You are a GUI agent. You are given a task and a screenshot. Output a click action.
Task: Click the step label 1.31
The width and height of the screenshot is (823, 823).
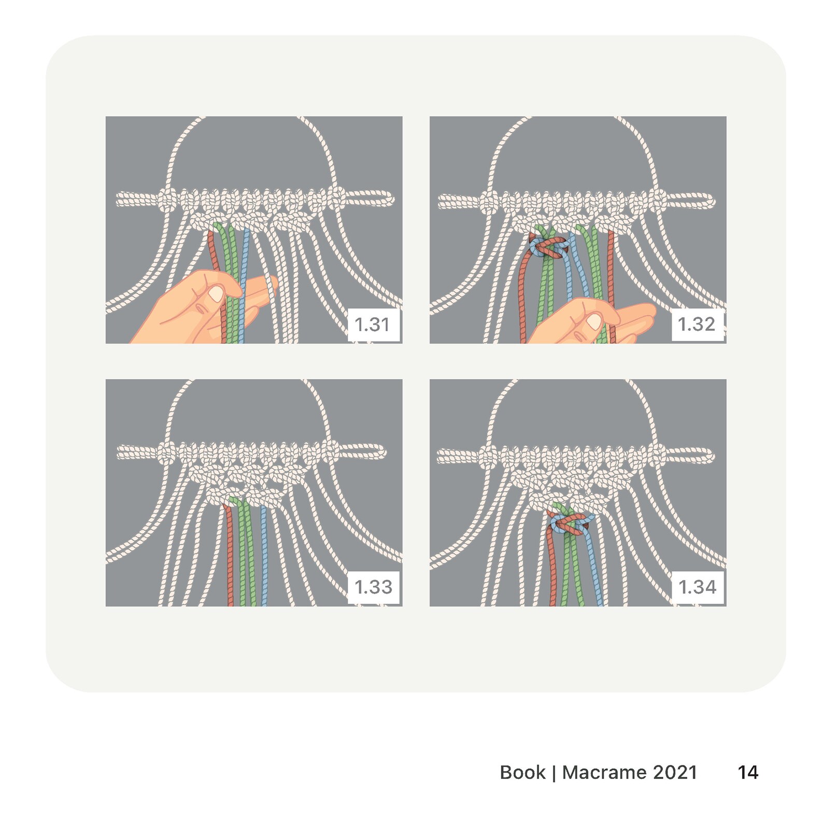coord(372,324)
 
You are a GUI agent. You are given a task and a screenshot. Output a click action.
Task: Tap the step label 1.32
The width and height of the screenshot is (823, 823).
coord(696,324)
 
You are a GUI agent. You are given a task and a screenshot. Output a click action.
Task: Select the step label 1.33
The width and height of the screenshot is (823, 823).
coord(373,587)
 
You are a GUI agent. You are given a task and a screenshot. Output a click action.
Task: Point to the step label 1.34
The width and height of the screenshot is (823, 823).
coord(697,587)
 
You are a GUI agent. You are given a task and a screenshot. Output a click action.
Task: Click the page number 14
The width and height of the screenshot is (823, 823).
coord(748,772)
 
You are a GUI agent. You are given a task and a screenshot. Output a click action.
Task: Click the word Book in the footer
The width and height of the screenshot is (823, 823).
coord(522,772)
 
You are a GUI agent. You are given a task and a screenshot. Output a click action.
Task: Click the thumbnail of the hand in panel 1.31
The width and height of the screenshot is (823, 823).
coord(216,294)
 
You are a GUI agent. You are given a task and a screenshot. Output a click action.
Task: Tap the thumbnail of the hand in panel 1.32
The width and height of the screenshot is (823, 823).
coord(594,321)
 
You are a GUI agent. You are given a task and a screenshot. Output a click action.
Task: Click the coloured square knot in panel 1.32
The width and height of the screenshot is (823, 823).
coord(548,247)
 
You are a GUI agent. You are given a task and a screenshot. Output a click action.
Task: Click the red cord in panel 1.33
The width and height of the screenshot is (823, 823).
coord(229,555)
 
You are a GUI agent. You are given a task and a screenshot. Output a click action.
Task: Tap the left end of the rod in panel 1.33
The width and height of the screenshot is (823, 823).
coord(121,453)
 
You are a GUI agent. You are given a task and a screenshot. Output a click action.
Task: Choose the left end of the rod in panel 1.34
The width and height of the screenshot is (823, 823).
coord(441,456)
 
